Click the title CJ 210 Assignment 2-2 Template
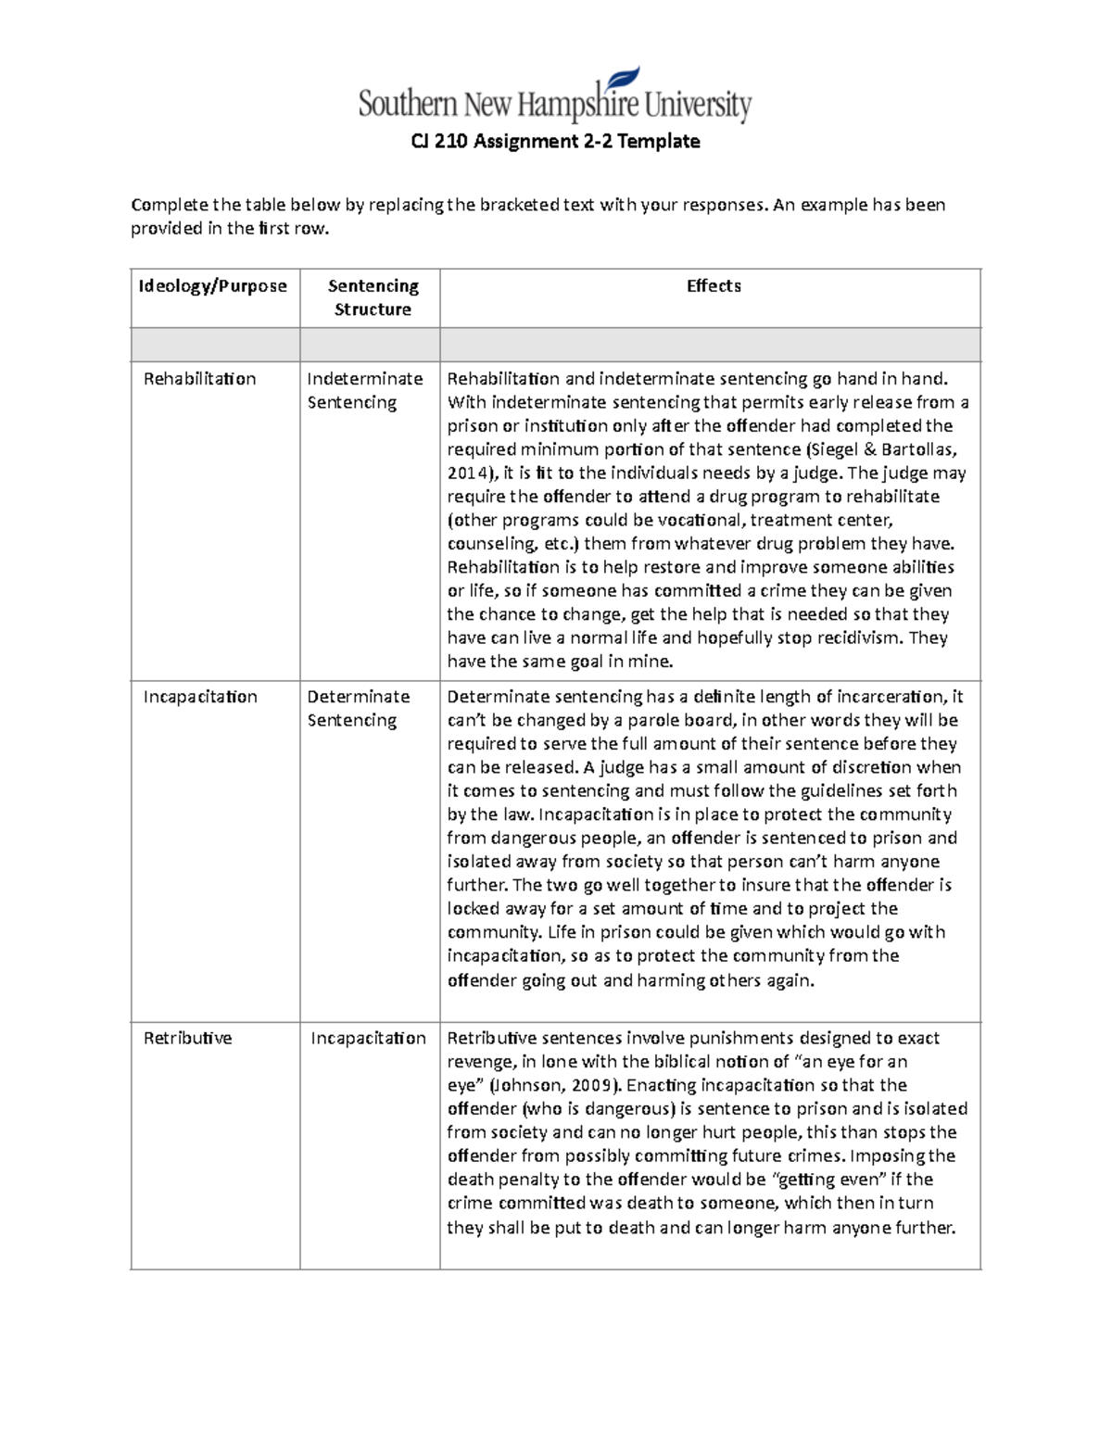click(555, 142)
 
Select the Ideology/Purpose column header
click(213, 286)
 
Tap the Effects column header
click(714, 286)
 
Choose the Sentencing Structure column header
click(373, 297)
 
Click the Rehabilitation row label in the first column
click(199, 379)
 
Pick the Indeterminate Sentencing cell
click(364, 390)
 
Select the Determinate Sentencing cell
click(358, 708)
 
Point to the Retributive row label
click(187, 1039)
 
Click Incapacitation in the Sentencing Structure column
click(368, 1039)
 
